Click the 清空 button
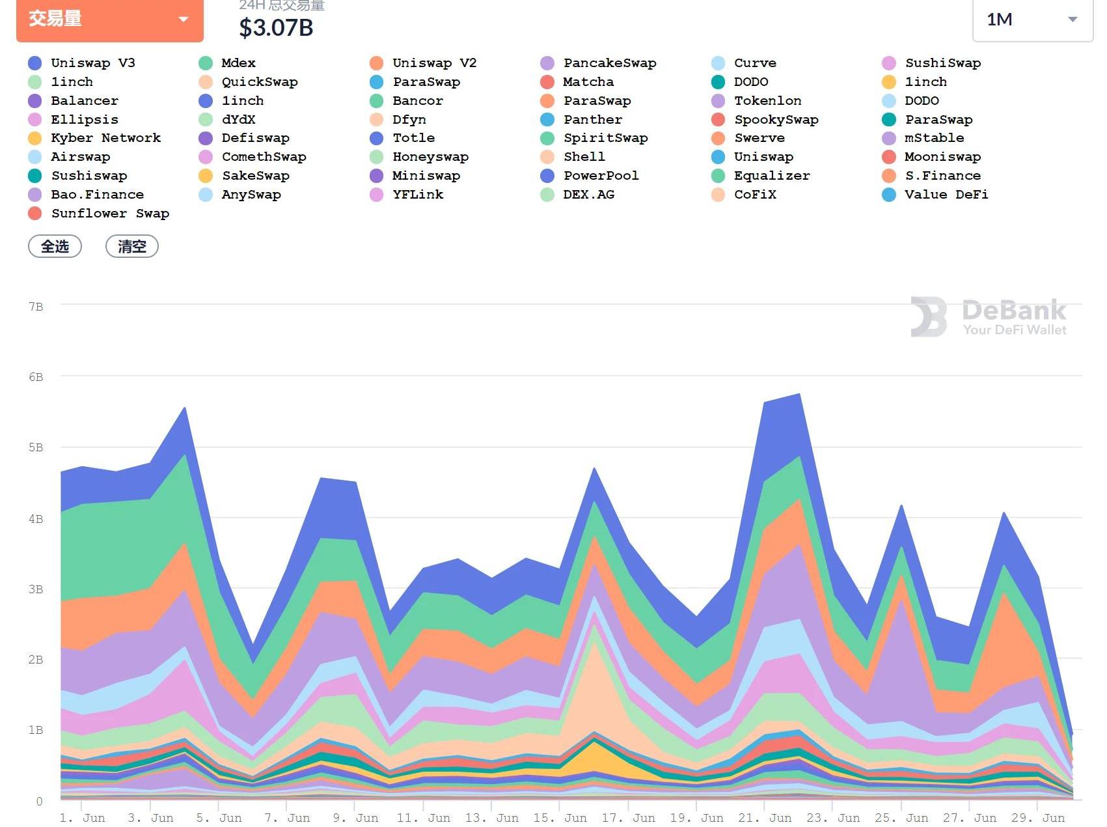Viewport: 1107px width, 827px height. [132, 247]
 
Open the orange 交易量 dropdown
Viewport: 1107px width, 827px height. [109, 19]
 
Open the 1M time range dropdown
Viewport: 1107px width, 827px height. [1032, 20]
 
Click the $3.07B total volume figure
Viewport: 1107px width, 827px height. [276, 28]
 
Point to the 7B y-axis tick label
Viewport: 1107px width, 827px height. [36, 307]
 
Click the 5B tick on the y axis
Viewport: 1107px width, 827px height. [36, 447]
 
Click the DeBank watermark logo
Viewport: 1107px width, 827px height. [989, 317]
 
